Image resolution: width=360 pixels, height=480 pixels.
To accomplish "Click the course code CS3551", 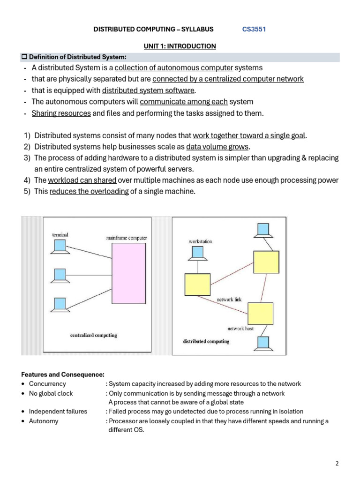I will point(254,29).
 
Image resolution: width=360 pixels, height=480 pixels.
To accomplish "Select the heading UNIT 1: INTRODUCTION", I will point(180,46).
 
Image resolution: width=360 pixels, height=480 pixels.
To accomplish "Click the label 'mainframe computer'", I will point(127,238).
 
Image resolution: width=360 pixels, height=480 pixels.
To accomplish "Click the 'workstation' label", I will point(200,241).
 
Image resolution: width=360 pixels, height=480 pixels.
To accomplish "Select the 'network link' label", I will point(229,299).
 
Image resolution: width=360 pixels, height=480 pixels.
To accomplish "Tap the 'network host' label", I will point(240,329).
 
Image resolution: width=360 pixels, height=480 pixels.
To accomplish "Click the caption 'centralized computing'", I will point(93,335).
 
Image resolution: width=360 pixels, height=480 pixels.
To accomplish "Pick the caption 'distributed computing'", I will point(206,341).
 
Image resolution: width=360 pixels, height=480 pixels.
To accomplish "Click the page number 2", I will point(337,464).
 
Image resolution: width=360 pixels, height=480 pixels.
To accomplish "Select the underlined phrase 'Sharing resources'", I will point(61,113).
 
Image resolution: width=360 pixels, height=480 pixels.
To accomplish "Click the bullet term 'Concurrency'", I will point(47,383).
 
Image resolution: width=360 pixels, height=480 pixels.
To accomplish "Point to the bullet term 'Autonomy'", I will point(44,421).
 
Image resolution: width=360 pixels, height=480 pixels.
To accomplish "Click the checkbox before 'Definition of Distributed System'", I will point(24,57).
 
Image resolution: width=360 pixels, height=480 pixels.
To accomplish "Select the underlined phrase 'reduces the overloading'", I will point(89,191).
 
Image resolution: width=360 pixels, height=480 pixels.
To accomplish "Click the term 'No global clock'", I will point(51,393).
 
